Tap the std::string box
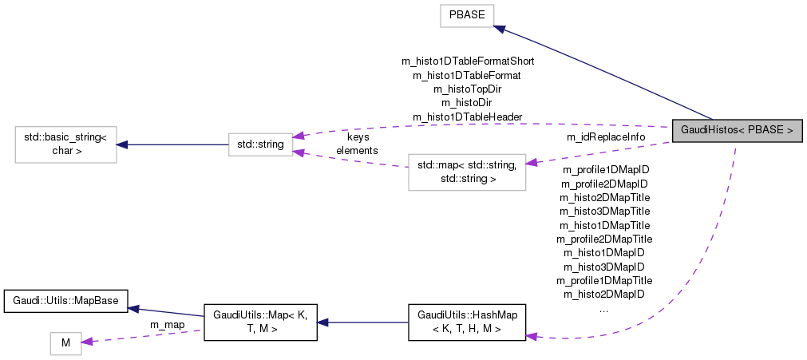click(260, 144)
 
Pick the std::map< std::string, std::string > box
click(467, 172)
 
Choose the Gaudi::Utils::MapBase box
click(66, 301)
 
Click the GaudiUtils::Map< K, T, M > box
click(261, 322)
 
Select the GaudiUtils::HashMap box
click(467, 322)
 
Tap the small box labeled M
click(66, 343)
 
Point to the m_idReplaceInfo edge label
click(606, 137)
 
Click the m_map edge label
click(167, 324)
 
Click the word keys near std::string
click(358, 137)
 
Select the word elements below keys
click(357, 149)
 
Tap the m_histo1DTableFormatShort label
click(467, 61)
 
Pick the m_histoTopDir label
click(467, 89)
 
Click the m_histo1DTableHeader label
click(467, 117)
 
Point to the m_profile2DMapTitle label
click(603, 239)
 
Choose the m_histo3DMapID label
click(603, 267)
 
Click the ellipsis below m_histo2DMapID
click(603, 308)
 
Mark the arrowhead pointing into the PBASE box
click(498, 29)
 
